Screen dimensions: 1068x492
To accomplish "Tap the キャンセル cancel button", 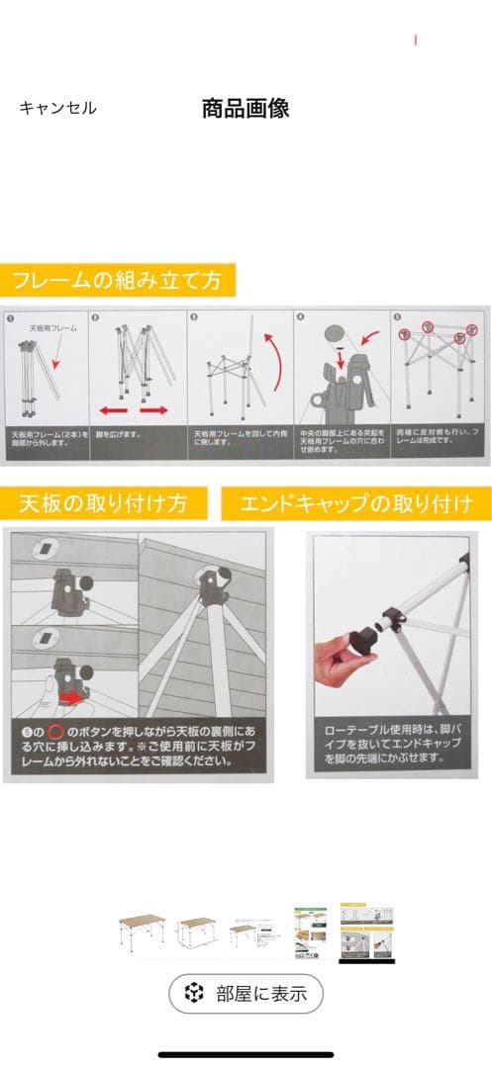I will click(x=57, y=109).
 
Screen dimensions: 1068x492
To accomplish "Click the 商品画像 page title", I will click(x=246, y=109).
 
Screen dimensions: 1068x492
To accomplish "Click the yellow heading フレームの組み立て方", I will click(x=117, y=280).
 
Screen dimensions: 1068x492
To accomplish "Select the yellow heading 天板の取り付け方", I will click(x=104, y=502).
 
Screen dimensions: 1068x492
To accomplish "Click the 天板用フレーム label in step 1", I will click(x=51, y=327).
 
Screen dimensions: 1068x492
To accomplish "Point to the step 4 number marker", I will click(x=301, y=318).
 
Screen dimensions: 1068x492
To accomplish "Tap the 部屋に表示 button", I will click(x=246, y=994).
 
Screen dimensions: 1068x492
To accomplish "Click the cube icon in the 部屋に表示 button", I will click(x=195, y=994).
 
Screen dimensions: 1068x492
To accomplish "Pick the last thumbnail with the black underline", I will click(x=367, y=932).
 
